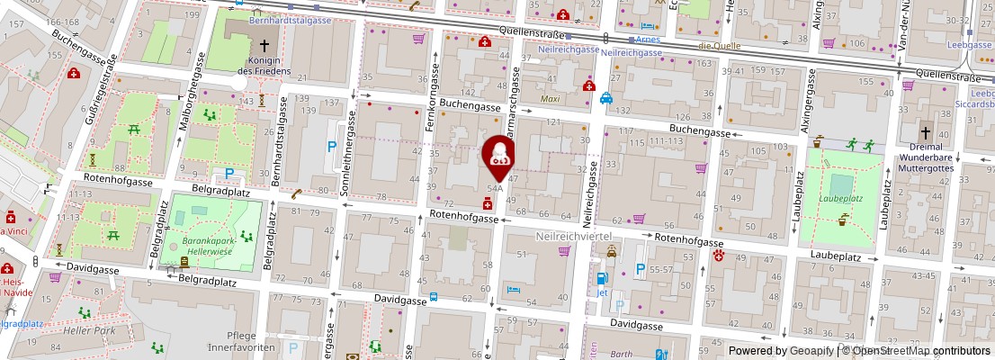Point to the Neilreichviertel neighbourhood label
574,235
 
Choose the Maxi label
550,98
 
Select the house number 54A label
495,188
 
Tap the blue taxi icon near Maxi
607,98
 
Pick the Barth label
621,355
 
